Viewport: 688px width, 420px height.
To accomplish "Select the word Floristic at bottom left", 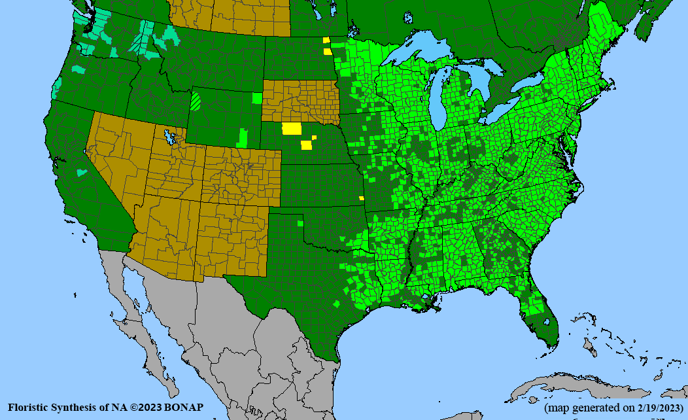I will tap(29, 407).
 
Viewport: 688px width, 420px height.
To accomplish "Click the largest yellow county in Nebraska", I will tap(291, 128).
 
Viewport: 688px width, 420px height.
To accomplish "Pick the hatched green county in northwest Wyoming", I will tap(196, 101).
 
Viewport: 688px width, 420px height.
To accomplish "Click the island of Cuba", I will tap(562, 385).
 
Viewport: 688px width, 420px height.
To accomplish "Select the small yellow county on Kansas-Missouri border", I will tap(361, 198).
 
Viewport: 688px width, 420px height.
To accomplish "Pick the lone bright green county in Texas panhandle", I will tap(300, 224).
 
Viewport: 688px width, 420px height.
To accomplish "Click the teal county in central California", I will tap(82, 173).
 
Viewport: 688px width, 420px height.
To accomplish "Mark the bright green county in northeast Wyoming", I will tap(257, 98).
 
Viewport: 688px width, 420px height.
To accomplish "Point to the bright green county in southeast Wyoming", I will tap(244, 138).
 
